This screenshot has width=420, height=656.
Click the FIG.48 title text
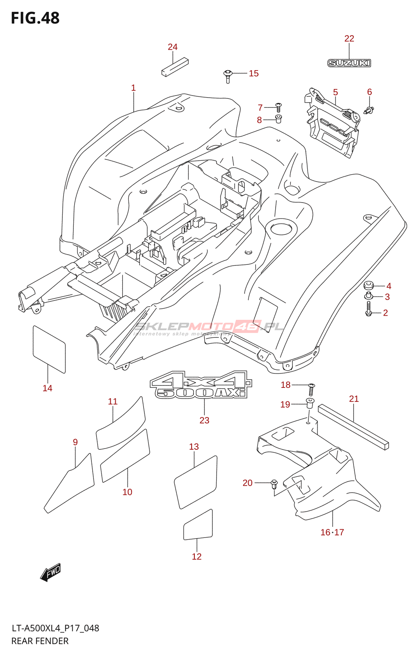coord(35,18)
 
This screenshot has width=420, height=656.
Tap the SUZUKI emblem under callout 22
coord(349,63)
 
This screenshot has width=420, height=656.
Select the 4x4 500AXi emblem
coord(201,385)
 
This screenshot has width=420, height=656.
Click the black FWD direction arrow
coord(50,572)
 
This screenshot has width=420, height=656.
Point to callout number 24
coord(173,47)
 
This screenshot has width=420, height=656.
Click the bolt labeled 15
coord(228,75)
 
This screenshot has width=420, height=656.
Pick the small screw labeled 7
coord(278,107)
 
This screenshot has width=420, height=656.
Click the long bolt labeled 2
coord(368,309)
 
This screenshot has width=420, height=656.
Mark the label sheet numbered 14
coord(49,349)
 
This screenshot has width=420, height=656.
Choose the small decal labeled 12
coord(198,525)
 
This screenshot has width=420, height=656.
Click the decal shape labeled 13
coord(196,482)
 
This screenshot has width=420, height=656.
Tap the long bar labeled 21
coord(353,426)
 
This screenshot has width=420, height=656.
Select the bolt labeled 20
coord(274,484)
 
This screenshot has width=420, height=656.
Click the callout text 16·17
coord(332,532)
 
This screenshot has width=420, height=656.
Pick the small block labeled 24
coord(175,67)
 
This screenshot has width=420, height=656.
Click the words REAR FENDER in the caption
coord(40,641)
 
